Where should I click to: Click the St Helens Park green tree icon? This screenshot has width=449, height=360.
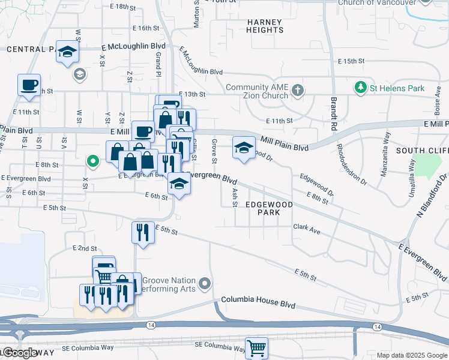(x=361, y=88)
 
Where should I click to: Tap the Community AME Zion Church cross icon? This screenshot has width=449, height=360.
(x=297, y=91)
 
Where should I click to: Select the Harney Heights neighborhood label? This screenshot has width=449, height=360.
(x=265, y=26)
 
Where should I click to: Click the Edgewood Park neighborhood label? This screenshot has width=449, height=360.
(x=269, y=208)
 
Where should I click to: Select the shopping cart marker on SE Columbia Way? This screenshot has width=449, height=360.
(x=256, y=347)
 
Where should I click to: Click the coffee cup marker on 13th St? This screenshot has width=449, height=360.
(x=29, y=85)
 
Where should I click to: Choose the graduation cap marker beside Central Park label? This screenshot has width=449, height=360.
(x=68, y=52)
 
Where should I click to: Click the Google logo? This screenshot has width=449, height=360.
(x=20, y=353)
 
